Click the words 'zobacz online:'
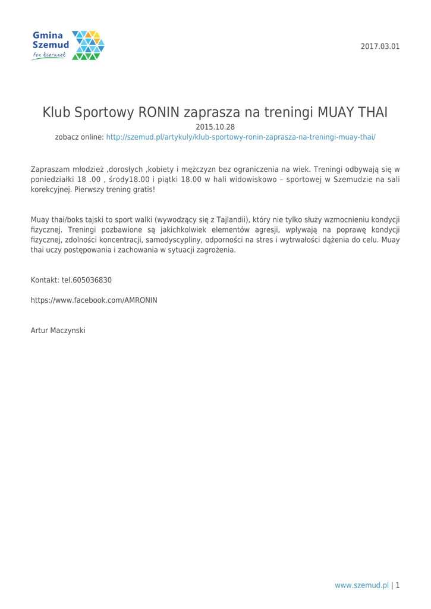point(80,136)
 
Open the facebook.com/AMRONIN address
point(94,300)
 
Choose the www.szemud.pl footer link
point(362,585)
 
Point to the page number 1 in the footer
point(398,585)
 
